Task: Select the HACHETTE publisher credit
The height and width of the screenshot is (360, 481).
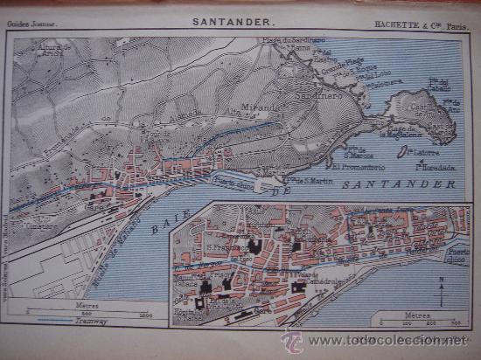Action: (421, 25)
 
